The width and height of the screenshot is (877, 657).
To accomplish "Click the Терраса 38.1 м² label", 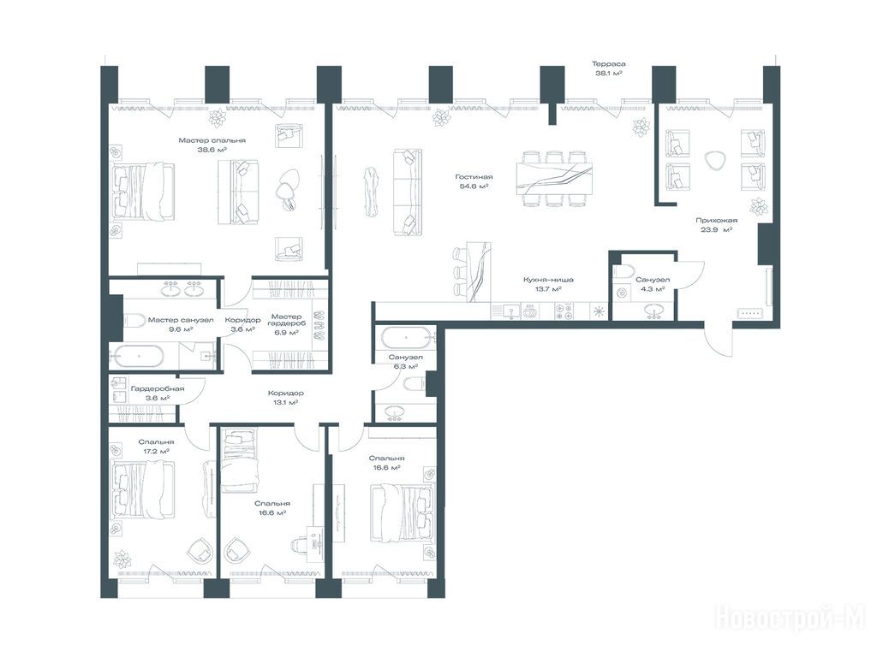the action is pos(609,68).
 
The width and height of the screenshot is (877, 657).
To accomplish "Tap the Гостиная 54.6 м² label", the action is pos(474,181).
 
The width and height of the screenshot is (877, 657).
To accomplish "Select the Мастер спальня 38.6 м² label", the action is pos(212,145).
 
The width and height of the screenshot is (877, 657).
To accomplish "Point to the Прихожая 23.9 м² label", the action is pos(717,225).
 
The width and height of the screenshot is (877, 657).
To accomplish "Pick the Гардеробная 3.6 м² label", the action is pos(158,394).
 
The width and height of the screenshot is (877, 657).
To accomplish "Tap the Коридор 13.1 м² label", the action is pos(285,397).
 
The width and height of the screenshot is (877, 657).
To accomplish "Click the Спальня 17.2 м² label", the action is pos(156,447).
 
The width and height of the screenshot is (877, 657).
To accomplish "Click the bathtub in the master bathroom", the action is pos(136,357).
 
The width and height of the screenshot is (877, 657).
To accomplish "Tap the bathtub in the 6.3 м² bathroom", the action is pos(406,339).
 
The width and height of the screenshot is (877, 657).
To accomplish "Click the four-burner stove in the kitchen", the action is pos(564,311).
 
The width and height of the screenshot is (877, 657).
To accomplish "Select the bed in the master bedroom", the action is pos(143,190).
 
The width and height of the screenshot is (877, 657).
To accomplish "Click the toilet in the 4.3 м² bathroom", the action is pos(623,273).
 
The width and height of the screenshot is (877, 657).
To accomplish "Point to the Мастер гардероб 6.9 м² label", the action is pos(287,324).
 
